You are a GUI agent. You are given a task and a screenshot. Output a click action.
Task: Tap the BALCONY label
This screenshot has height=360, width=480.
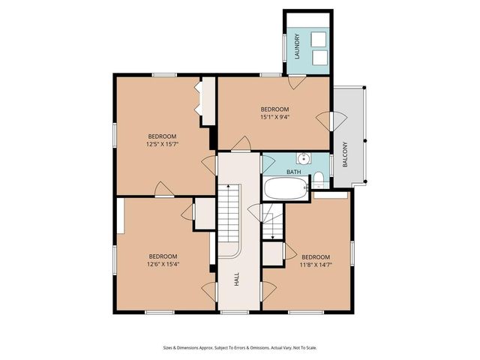[345, 154]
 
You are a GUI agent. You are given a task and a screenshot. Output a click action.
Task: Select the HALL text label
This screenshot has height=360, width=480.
[237, 279]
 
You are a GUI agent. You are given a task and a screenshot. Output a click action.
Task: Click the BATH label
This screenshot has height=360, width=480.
[293, 172]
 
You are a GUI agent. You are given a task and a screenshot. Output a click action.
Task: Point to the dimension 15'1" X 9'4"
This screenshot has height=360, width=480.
[275, 117]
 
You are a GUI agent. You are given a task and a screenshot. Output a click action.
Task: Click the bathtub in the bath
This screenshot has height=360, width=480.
[286, 189]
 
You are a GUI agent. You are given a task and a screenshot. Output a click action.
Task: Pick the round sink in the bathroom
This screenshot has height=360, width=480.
[303, 159]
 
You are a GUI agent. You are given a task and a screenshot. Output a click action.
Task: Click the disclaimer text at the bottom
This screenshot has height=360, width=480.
[239, 347]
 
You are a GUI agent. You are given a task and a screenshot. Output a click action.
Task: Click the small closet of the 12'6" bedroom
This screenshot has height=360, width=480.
[204, 213]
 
